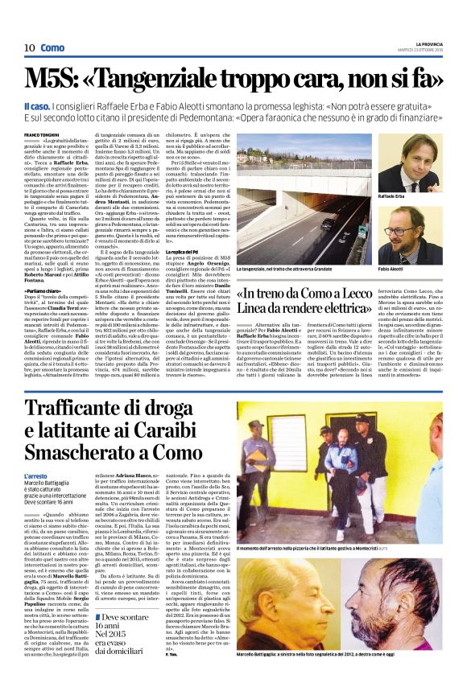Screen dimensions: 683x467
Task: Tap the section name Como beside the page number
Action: coord(52,48)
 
